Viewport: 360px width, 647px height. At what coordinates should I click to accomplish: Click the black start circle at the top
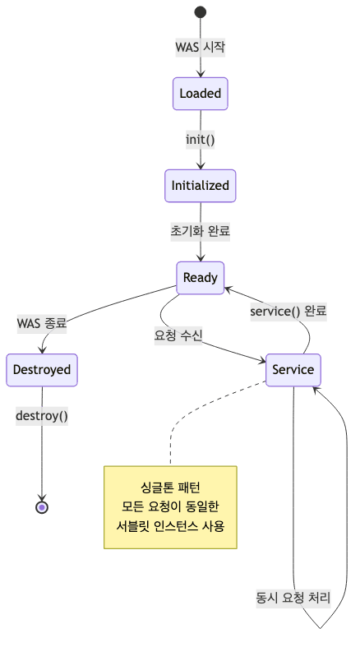201,12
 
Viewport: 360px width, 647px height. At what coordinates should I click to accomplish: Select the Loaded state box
201,93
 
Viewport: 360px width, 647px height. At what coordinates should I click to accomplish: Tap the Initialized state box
201,185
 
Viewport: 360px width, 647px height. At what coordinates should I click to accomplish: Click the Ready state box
201,277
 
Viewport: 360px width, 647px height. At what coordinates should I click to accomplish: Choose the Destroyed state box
42,369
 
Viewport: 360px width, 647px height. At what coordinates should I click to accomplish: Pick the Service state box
293,369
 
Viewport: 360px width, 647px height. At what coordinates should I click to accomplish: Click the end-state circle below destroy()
42,507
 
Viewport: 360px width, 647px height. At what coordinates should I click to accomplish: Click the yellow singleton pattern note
170,507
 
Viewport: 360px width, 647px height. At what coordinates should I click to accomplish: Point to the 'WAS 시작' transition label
201,47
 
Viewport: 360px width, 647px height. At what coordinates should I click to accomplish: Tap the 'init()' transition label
201,139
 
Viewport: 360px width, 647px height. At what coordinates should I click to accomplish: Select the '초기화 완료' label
201,231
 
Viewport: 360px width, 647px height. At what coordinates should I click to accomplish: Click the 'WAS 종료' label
42,323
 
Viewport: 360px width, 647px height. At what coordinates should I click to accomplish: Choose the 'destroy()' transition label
42,415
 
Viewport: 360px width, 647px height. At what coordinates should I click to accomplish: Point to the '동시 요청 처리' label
293,598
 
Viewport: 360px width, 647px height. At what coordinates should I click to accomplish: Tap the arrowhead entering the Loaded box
201,74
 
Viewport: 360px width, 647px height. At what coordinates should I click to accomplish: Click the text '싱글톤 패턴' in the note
170,487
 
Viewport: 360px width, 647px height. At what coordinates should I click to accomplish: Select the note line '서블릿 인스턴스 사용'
170,526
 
